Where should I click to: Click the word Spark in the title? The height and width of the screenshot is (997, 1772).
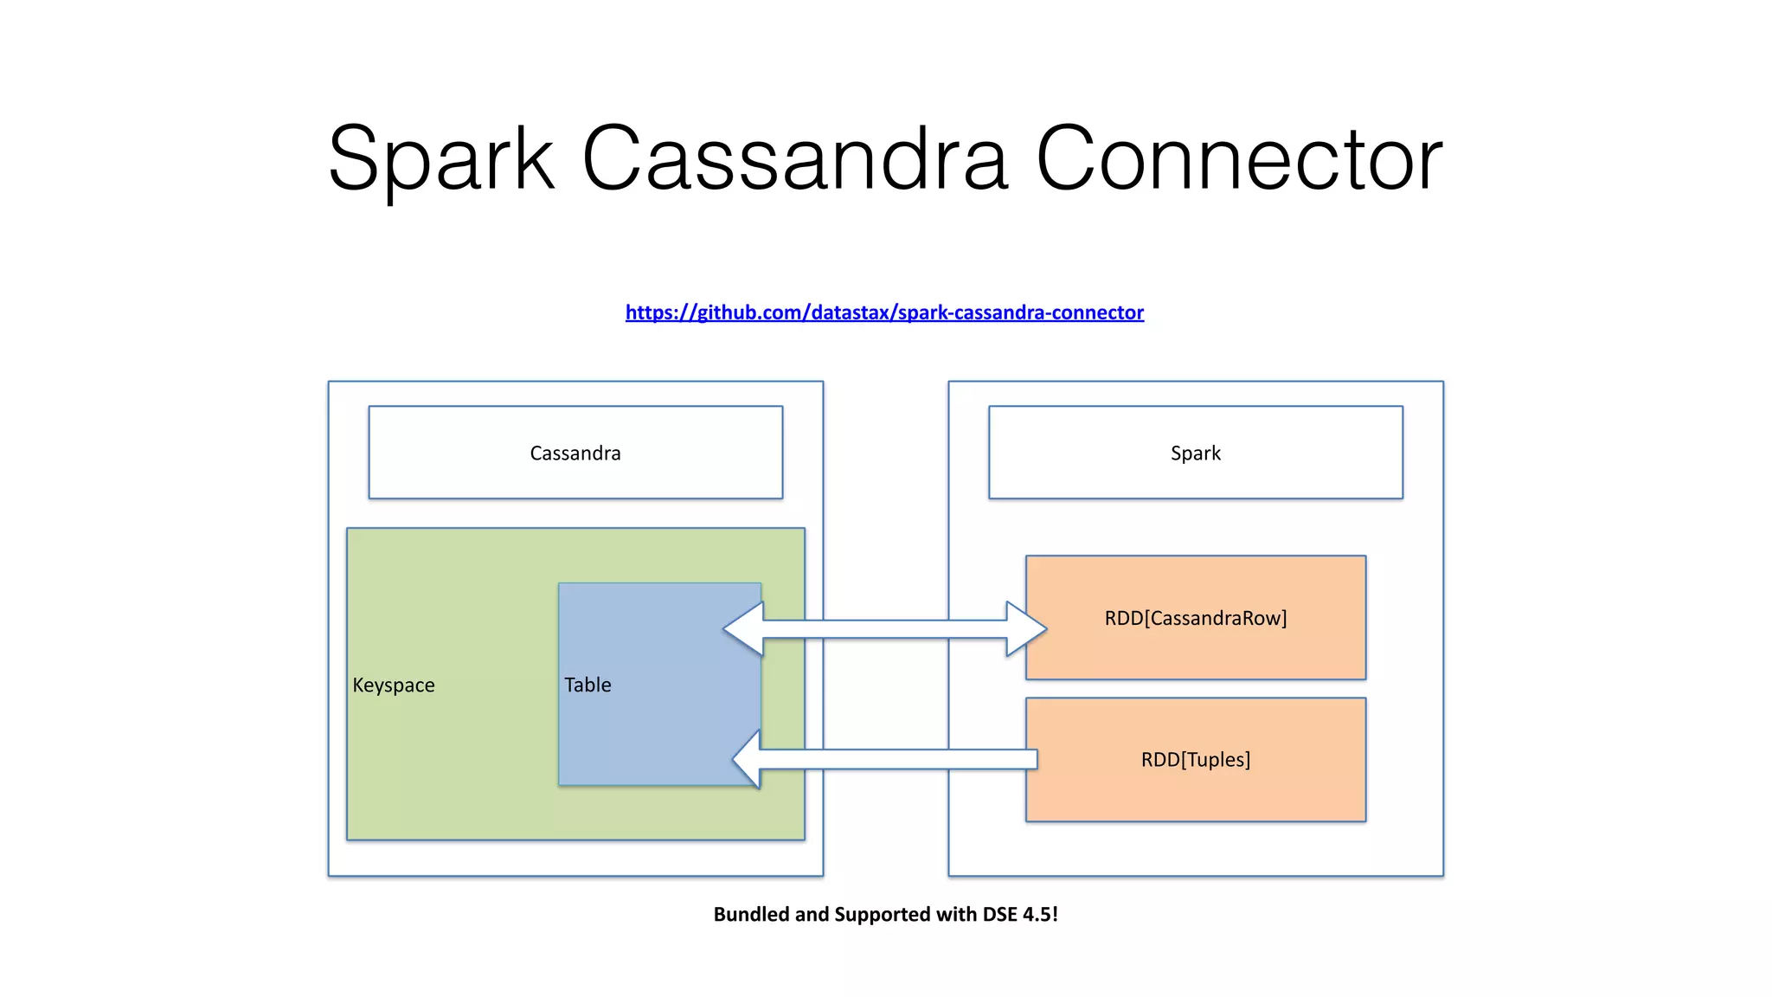(441, 159)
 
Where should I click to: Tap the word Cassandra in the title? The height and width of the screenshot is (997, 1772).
(794, 159)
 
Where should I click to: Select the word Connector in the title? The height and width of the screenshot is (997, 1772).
(1239, 159)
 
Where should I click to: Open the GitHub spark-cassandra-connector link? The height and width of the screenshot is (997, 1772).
(884, 312)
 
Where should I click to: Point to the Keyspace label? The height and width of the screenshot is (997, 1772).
(394, 685)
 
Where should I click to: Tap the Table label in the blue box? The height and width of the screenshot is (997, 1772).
(587, 685)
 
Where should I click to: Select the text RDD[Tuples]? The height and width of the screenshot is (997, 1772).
(1196, 760)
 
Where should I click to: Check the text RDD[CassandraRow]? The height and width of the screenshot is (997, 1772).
(1196, 618)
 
